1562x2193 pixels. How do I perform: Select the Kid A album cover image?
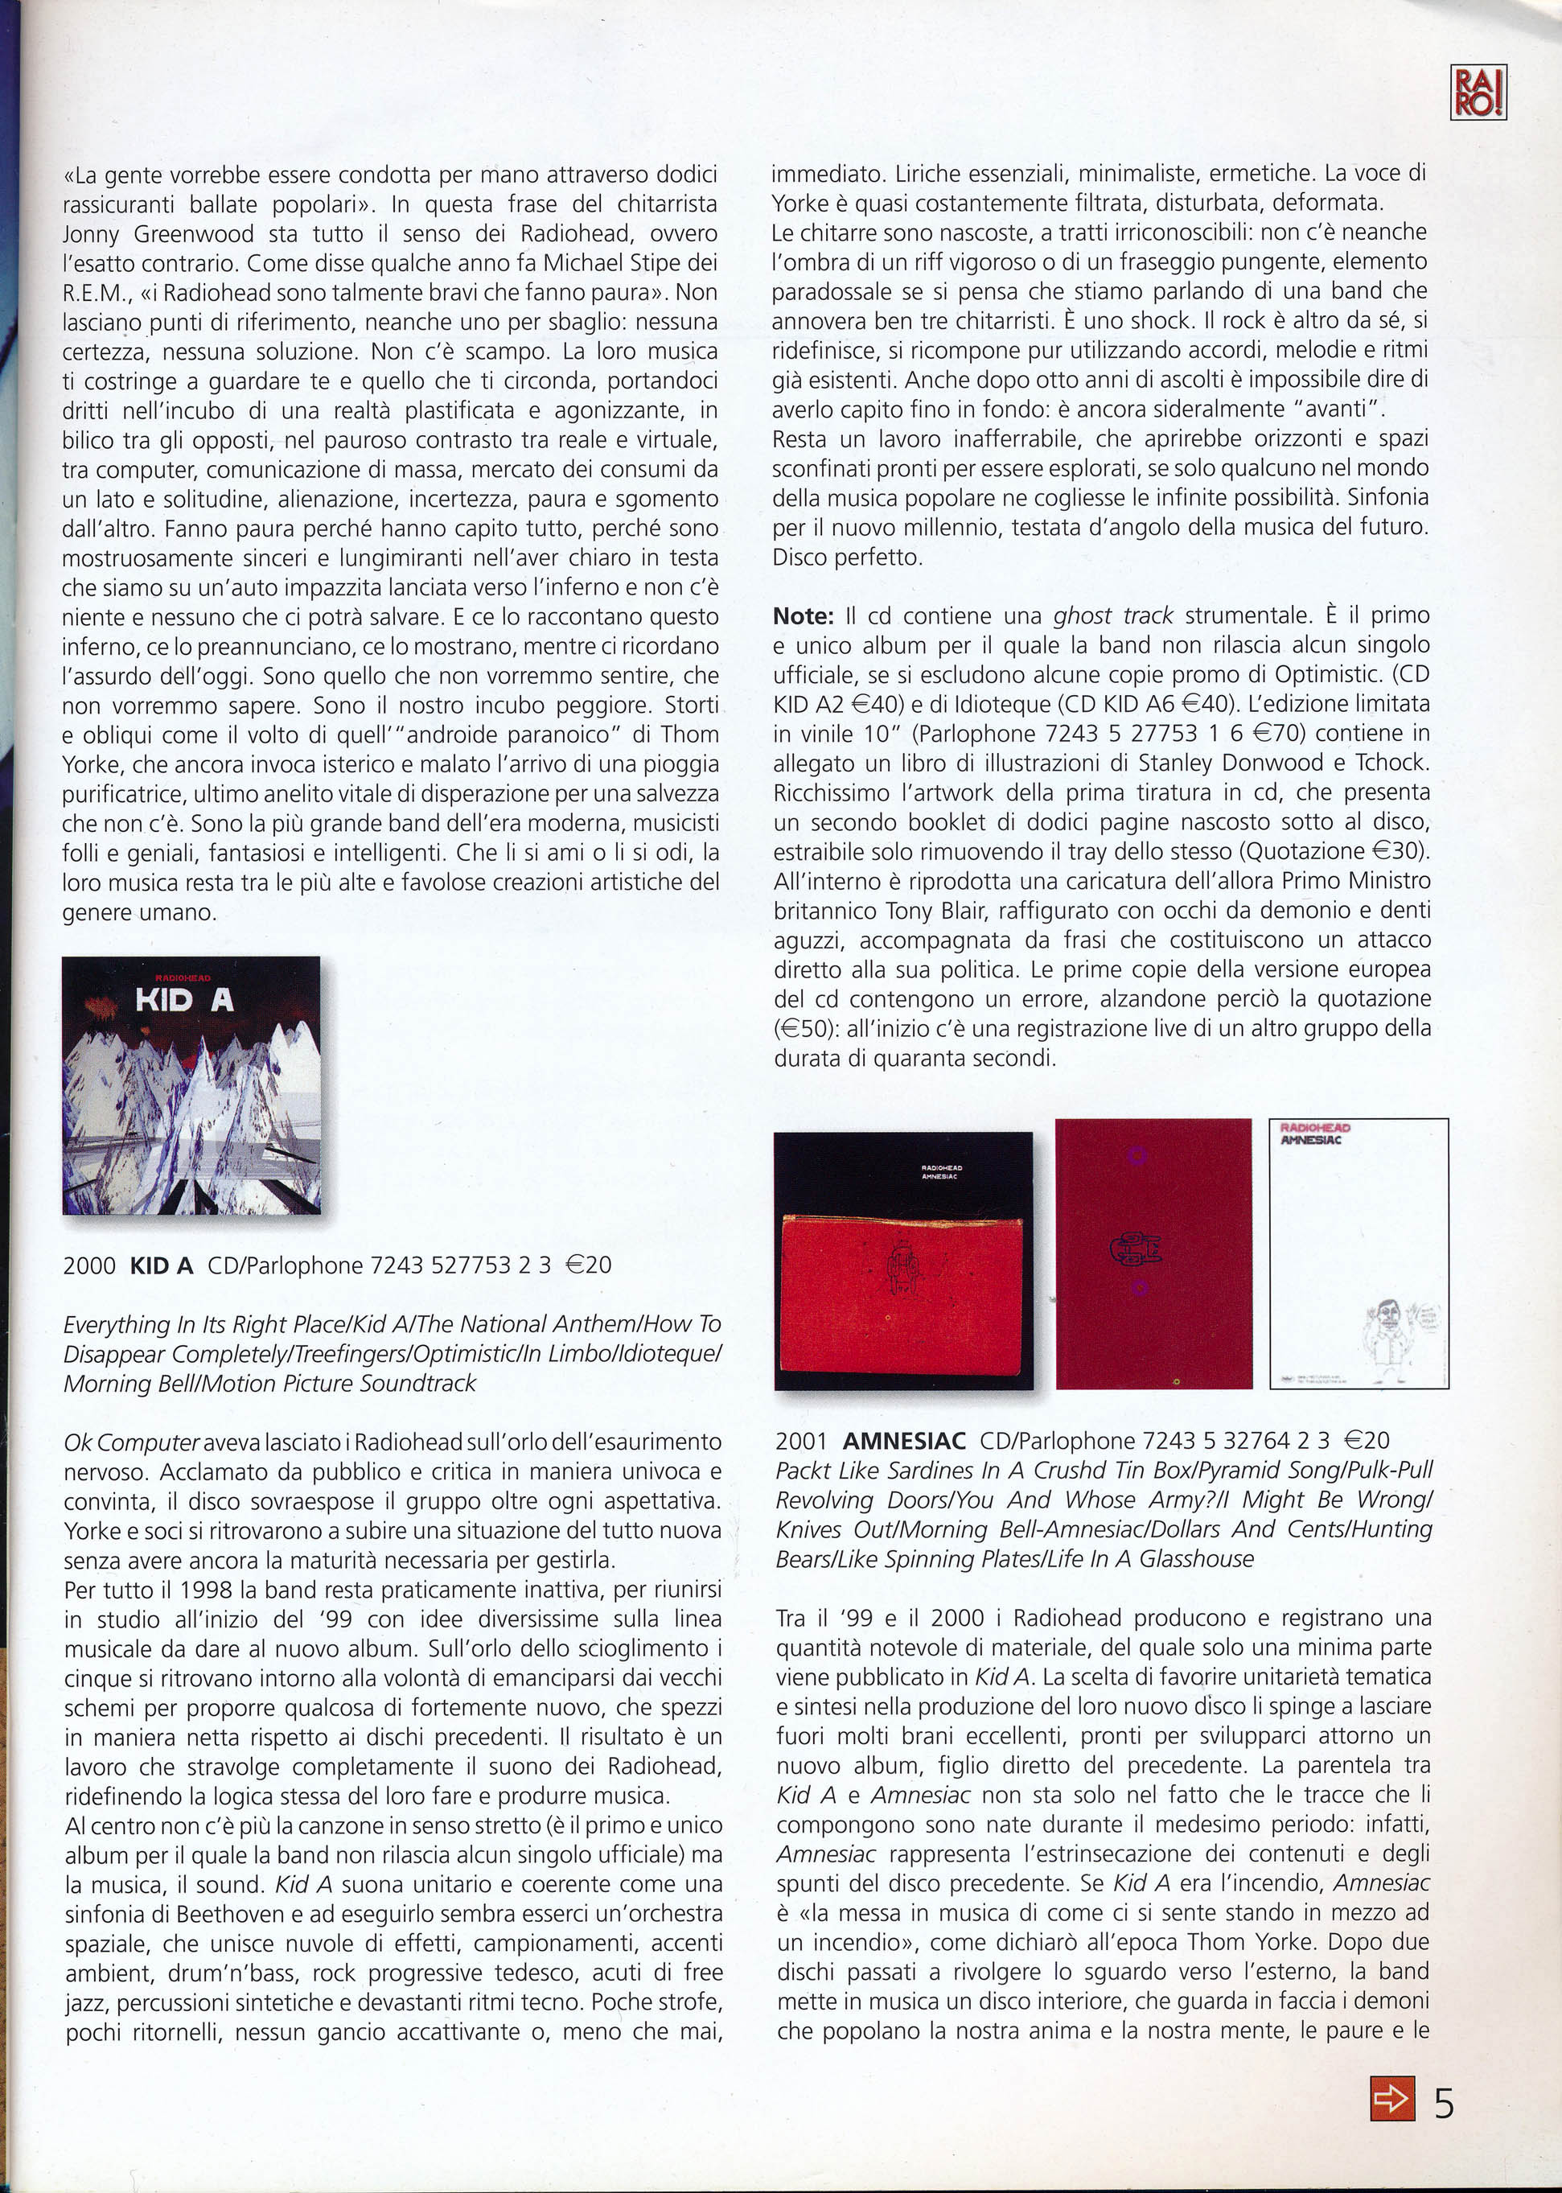point(191,1085)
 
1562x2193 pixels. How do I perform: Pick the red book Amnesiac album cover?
point(903,1260)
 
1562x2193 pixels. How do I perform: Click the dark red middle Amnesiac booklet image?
point(1153,1253)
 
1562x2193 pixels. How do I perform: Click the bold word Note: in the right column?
point(806,615)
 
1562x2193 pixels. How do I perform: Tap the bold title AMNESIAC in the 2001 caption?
point(903,1441)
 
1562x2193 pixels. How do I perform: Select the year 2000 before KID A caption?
point(88,1265)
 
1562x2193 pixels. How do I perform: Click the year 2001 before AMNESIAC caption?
point(801,1441)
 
